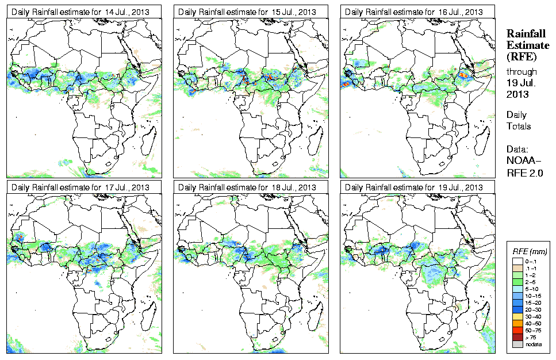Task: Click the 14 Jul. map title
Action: tap(80, 12)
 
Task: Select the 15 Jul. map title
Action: tap(247, 12)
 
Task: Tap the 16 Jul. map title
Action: tap(413, 12)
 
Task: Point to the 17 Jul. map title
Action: tap(80, 187)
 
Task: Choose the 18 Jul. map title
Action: tap(247, 187)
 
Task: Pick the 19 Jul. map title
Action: tap(413, 187)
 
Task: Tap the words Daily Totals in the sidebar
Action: tap(519, 120)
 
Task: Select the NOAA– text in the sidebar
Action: tap(523, 159)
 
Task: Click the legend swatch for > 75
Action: tap(516, 337)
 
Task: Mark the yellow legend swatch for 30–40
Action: tap(516, 316)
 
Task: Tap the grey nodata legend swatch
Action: tap(516, 344)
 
